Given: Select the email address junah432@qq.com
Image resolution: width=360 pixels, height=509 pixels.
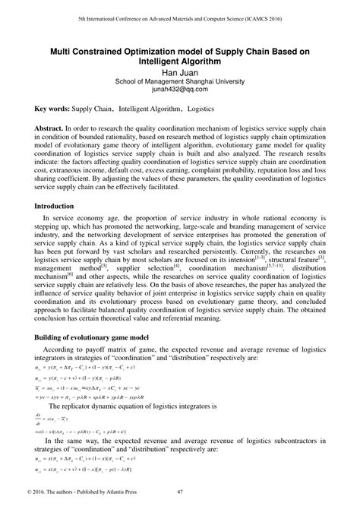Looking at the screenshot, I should (179, 89).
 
